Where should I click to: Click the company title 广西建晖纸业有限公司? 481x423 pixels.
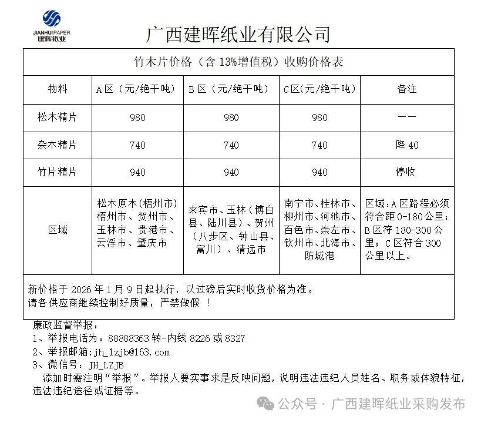pos(238,33)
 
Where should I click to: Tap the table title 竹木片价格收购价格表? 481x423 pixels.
pos(238,62)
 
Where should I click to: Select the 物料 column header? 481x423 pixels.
pos(58,89)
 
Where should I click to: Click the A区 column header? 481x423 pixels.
pos(136,89)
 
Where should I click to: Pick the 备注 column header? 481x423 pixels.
pos(406,89)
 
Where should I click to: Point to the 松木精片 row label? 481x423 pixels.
pos(58,117)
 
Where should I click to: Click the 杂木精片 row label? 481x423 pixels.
pos(58,145)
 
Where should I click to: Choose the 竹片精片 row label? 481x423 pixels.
pos(58,172)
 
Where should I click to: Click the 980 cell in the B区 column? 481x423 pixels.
pos(231,117)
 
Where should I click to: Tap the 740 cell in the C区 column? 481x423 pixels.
pos(319,145)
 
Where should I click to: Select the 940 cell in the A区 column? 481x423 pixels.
pos(137,172)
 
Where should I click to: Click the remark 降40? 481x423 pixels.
pos(406,145)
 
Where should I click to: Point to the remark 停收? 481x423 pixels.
pos(406,172)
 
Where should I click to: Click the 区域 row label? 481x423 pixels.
pos(58,230)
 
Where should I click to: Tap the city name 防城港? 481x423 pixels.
pos(319,256)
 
